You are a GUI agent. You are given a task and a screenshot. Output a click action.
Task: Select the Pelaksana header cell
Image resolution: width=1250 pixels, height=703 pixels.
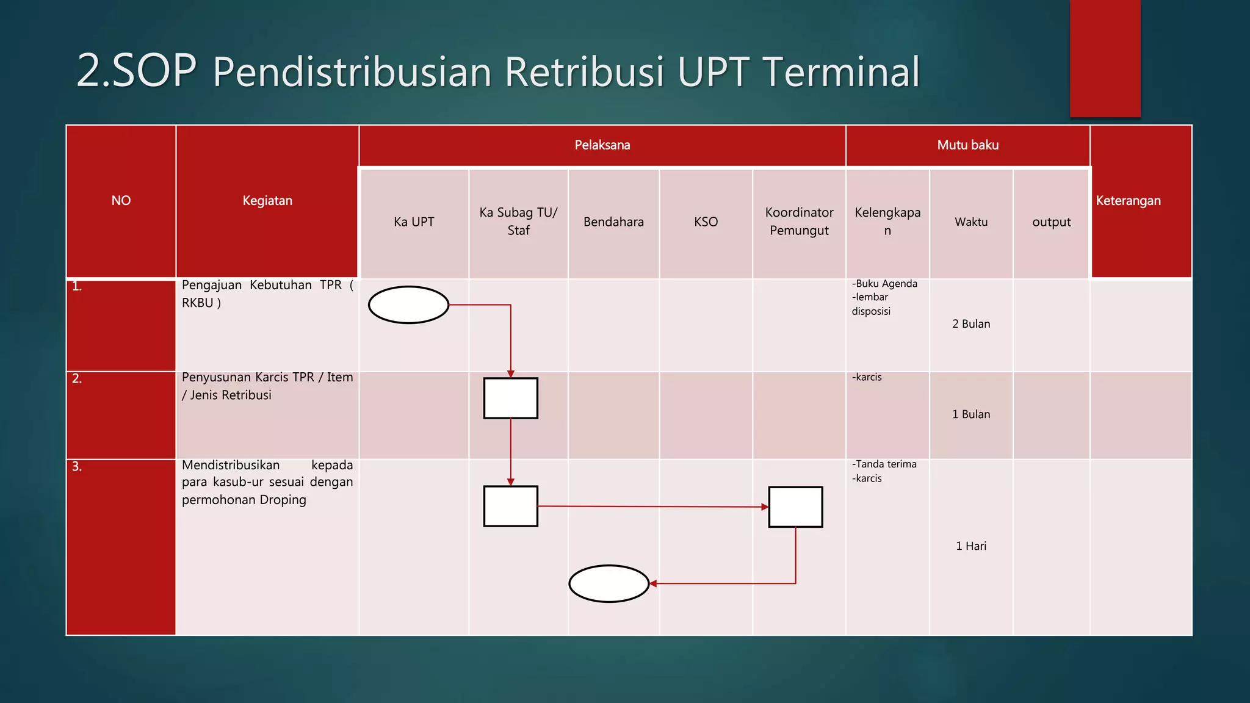tap(602, 145)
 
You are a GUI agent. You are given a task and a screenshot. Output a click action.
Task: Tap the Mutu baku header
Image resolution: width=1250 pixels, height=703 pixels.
tap(967, 145)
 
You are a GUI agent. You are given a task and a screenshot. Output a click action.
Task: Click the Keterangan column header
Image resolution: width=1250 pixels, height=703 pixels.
tap(1128, 201)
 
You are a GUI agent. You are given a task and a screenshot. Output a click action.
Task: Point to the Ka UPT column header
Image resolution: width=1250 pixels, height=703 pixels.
tap(414, 222)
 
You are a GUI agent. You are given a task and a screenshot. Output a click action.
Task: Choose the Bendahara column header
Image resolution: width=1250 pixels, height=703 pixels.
tap(613, 222)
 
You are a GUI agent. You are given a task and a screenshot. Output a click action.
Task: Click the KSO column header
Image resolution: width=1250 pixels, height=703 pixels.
tap(706, 222)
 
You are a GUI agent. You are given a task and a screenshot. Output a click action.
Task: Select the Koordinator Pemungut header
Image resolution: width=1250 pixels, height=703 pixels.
tap(799, 222)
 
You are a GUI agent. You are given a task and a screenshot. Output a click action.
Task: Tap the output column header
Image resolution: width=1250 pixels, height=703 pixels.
tap(1051, 222)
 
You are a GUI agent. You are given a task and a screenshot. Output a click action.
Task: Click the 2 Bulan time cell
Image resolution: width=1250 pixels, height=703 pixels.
tap(970, 324)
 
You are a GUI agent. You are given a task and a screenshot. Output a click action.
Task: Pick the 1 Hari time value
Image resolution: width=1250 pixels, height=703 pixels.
tap(970, 546)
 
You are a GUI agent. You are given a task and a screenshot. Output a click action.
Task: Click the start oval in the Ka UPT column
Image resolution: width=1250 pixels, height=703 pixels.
tap(408, 305)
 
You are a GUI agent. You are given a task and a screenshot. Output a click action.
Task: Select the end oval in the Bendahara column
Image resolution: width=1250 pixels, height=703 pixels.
tap(609, 583)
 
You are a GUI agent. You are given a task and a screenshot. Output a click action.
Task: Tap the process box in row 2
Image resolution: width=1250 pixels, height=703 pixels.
tap(510, 398)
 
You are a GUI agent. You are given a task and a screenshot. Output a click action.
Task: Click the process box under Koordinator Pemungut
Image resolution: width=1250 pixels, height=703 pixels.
tap(795, 507)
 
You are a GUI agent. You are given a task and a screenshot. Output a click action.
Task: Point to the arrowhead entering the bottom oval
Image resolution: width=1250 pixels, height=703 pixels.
tap(653, 583)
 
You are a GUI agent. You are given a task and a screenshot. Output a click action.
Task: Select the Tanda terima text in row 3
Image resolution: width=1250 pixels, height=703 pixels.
tap(886, 464)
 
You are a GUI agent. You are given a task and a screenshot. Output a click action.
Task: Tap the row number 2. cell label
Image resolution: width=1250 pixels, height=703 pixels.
tap(77, 378)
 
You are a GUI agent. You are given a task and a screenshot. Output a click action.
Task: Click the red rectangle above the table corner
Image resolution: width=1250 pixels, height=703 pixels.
tap(1105, 58)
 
